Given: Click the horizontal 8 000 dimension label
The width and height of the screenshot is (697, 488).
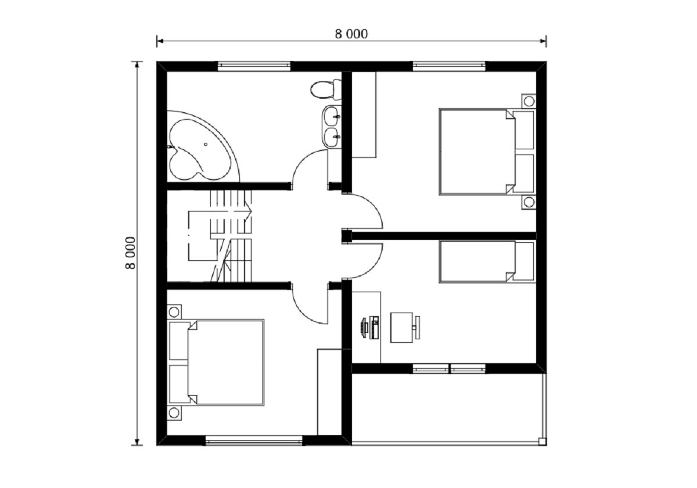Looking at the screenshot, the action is click(351, 34).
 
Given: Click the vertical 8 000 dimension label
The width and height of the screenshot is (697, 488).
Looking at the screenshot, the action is click(131, 253).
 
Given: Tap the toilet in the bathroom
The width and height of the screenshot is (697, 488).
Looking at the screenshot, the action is click(326, 89).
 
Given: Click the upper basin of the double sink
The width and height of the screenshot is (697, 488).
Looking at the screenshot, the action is click(330, 116).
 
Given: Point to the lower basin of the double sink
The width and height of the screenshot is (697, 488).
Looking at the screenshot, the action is click(330, 137).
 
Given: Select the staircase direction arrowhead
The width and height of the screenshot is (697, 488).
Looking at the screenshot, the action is click(248, 211).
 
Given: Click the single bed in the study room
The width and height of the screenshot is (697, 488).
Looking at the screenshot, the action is click(487, 261).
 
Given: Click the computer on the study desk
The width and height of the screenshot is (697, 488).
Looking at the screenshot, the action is click(370, 328).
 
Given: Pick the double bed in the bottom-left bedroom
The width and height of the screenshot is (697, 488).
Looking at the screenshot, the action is click(215, 363).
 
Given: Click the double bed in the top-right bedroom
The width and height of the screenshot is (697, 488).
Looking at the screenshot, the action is click(487, 152).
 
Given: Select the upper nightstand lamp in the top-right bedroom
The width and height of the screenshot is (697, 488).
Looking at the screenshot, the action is click(529, 101).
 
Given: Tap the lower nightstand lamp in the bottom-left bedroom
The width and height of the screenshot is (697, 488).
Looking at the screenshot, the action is click(174, 413).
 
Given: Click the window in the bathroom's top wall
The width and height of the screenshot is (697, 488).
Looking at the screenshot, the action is click(254, 66).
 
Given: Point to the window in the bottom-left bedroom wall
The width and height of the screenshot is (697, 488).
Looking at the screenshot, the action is click(254, 440).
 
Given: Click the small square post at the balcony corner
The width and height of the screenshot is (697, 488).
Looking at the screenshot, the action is click(542, 442).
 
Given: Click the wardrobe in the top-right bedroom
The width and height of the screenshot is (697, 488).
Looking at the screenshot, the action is click(364, 114).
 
